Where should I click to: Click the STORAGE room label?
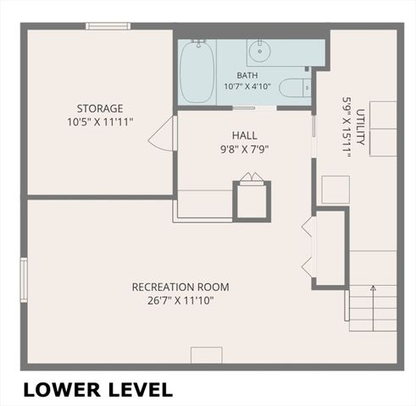coord(100,108)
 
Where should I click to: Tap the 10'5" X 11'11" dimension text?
coord(100,122)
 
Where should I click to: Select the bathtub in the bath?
coord(197,72)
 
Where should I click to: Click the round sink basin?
coord(260,51)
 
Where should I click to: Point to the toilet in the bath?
coord(295,88)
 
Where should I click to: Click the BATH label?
coord(247,75)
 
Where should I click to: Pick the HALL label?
coord(245,135)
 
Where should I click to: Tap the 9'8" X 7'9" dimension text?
coord(244,149)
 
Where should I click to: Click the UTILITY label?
coord(360,127)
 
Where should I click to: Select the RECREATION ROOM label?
coord(180,287)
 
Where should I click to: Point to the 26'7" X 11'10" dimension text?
coord(180,300)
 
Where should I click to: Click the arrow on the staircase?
coord(374,308)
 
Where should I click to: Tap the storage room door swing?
coord(161,134)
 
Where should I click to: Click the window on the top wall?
coord(108,26)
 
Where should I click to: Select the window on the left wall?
coord(24,280)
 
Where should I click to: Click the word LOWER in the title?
coord(62,390)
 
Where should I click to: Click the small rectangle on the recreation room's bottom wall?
coord(207,355)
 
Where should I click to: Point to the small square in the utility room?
coord(336,189)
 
